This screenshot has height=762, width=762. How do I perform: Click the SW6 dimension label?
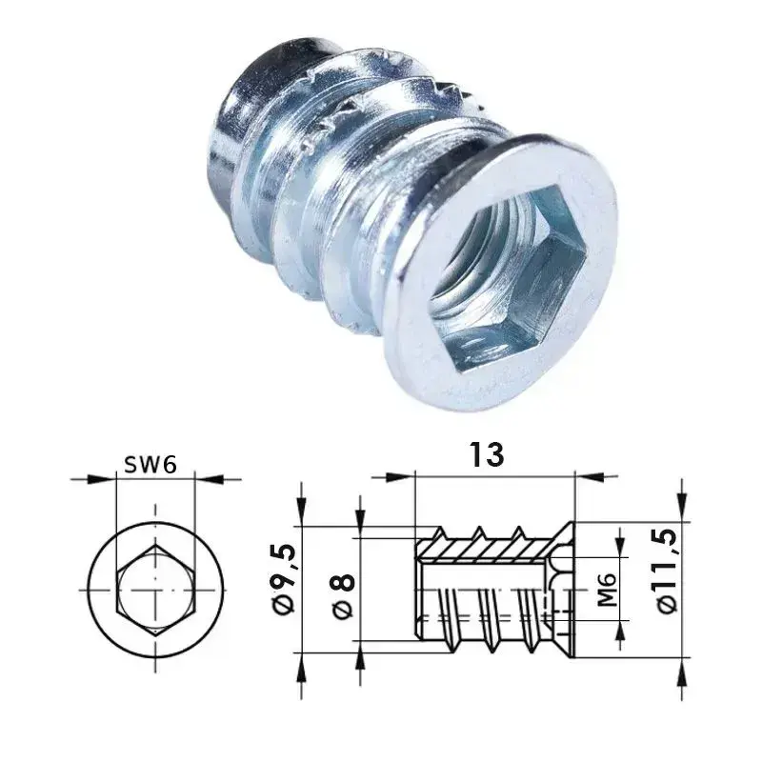150,465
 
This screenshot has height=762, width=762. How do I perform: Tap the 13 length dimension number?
487,455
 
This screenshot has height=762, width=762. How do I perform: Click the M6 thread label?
607,590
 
